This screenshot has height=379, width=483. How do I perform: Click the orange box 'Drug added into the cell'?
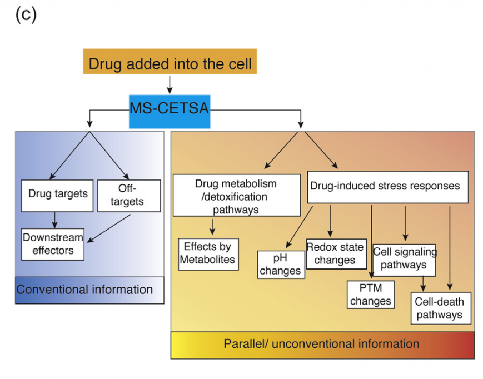tap(170, 63)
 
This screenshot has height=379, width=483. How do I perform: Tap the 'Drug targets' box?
tap(57, 195)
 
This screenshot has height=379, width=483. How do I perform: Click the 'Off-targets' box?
tap(128, 195)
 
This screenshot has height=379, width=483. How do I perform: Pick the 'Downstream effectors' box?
tap(53, 243)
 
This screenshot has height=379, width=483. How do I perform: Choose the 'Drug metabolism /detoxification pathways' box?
tap(236, 196)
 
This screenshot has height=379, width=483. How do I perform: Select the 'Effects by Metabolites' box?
tap(209, 254)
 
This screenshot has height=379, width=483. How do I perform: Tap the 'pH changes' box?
tap(281, 265)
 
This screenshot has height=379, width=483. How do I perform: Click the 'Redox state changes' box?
tap(336, 253)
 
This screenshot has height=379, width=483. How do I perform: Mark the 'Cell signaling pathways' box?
tap(404, 259)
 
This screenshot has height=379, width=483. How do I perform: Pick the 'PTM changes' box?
tap(371, 295)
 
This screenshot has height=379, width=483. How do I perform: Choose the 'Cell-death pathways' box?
tap(440, 308)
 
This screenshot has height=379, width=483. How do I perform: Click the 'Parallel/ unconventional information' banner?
tap(322, 344)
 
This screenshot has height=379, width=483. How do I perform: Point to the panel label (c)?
tap(26, 14)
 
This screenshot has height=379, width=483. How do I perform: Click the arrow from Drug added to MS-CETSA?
tap(170, 84)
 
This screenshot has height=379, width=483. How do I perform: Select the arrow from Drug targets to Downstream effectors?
tap(54, 220)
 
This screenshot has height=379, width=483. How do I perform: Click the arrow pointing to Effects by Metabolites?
tap(212, 227)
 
